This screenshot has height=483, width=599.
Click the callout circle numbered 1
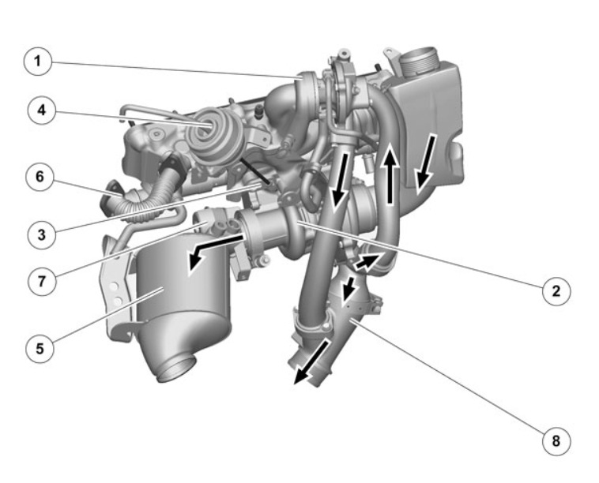click(x=37, y=62)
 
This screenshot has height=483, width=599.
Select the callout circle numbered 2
click(x=556, y=290)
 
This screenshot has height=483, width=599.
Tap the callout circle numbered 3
click(x=42, y=235)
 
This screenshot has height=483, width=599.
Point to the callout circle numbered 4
click(x=42, y=110)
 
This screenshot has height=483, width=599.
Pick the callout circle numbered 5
click(x=40, y=349)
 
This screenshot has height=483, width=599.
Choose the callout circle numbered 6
click(x=40, y=177)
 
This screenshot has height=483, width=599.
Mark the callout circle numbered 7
click(x=42, y=282)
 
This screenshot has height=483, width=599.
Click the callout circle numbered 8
click(x=556, y=441)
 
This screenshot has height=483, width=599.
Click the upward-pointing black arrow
click(x=390, y=175)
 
